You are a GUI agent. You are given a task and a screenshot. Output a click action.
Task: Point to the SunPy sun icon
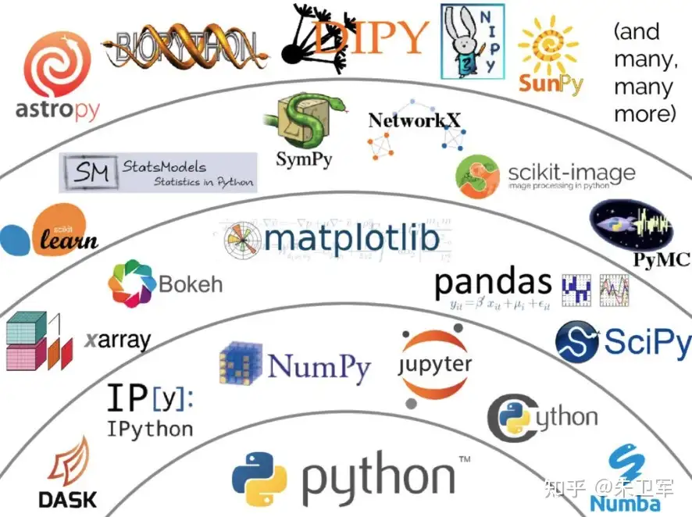(x=551, y=47)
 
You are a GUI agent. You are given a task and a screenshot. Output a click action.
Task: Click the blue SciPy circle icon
(x=577, y=342)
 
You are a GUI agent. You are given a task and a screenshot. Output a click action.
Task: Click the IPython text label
(x=150, y=429)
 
